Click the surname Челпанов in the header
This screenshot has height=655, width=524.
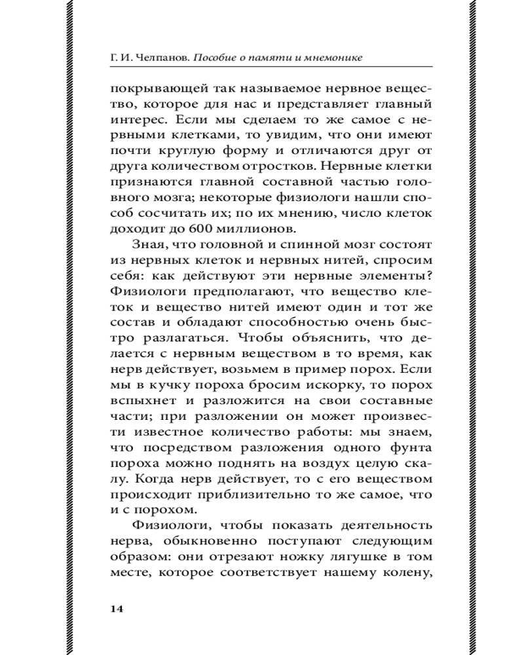(160, 58)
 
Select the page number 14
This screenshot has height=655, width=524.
(117, 608)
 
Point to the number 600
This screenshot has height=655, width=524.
(202, 228)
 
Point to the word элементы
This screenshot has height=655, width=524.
(381, 276)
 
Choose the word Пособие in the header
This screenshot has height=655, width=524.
(217, 58)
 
